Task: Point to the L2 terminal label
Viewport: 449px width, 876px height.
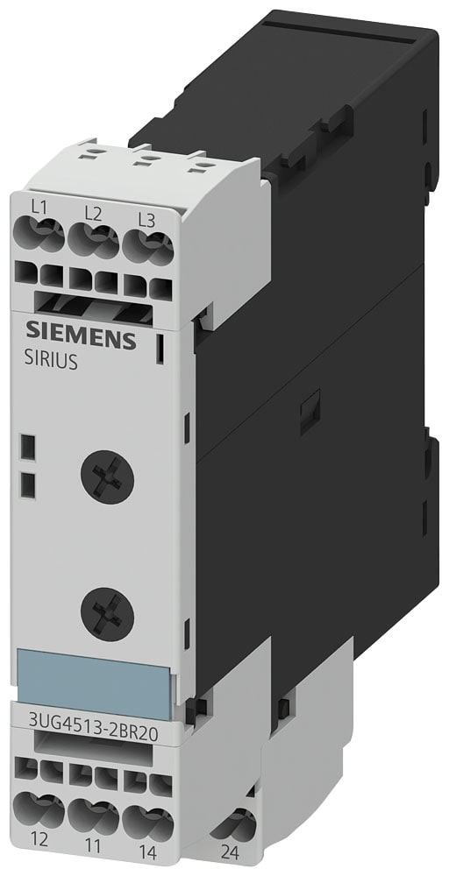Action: [92, 213]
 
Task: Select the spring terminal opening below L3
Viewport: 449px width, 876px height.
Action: [146, 240]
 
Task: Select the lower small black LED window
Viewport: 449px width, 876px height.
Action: [27, 484]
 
